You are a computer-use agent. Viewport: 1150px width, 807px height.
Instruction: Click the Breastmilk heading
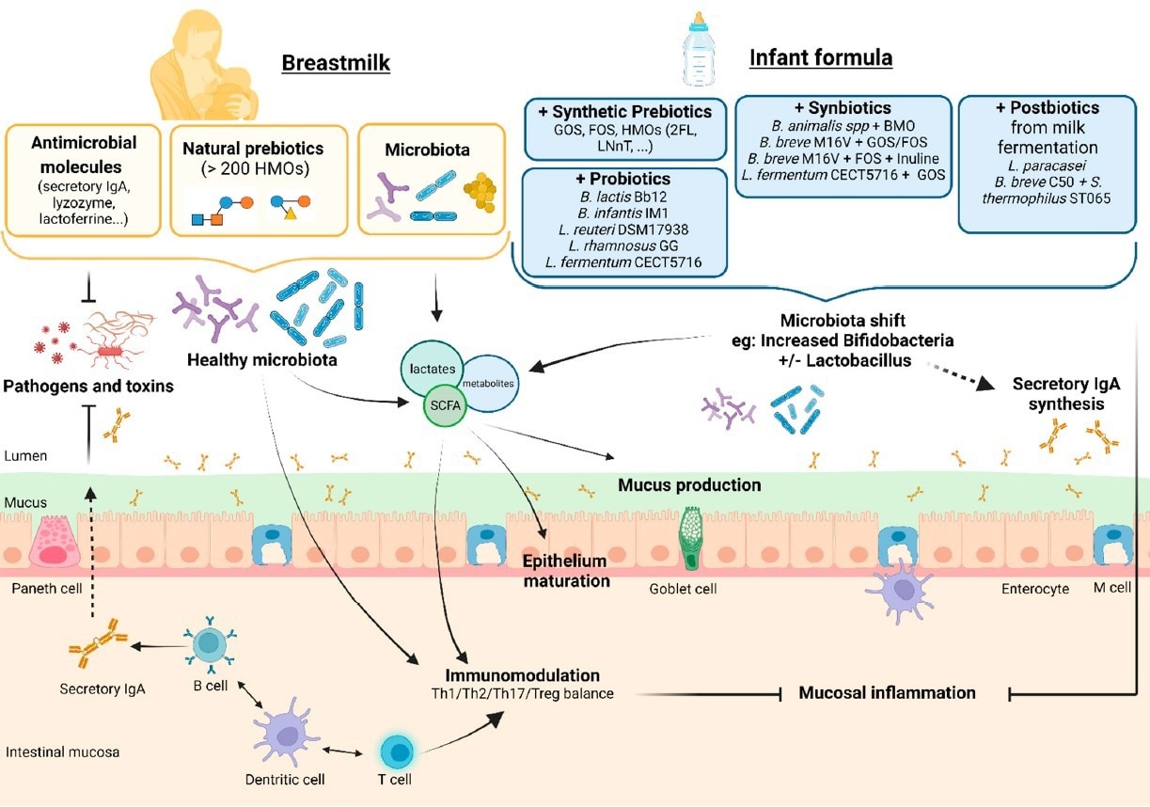pyautogui.click(x=336, y=64)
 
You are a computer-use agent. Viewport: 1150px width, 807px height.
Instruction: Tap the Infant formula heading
pyautogui.click(x=820, y=58)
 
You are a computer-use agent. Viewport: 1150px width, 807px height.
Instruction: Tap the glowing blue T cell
pyautogui.click(x=400, y=752)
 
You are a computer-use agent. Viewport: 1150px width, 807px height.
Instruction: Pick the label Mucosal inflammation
pyautogui.click(x=887, y=693)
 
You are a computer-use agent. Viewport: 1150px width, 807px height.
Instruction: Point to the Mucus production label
pyautogui.click(x=689, y=485)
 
